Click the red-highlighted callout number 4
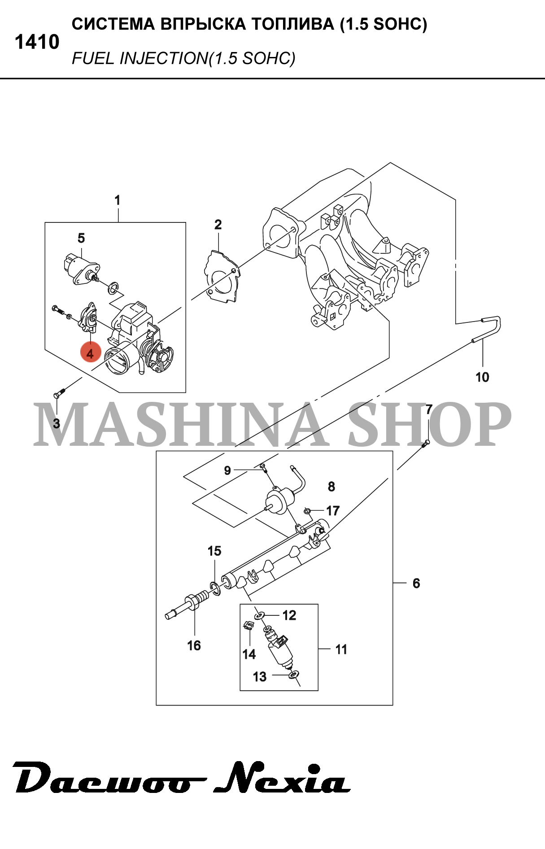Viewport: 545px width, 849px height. [90, 353]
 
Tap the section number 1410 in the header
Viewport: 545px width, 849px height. [37, 42]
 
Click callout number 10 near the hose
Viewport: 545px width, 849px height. [482, 377]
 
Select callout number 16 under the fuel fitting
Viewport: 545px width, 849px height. [194, 645]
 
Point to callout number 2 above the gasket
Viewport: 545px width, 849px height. [218, 225]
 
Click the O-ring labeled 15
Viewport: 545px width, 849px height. [215, 588]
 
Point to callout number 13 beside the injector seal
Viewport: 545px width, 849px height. [260, 677]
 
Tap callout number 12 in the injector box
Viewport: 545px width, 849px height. [289, 615]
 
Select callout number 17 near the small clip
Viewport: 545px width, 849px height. [333, 510]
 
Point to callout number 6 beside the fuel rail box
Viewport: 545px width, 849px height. [416, 583]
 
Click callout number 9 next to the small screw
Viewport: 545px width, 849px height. [227, 470]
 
